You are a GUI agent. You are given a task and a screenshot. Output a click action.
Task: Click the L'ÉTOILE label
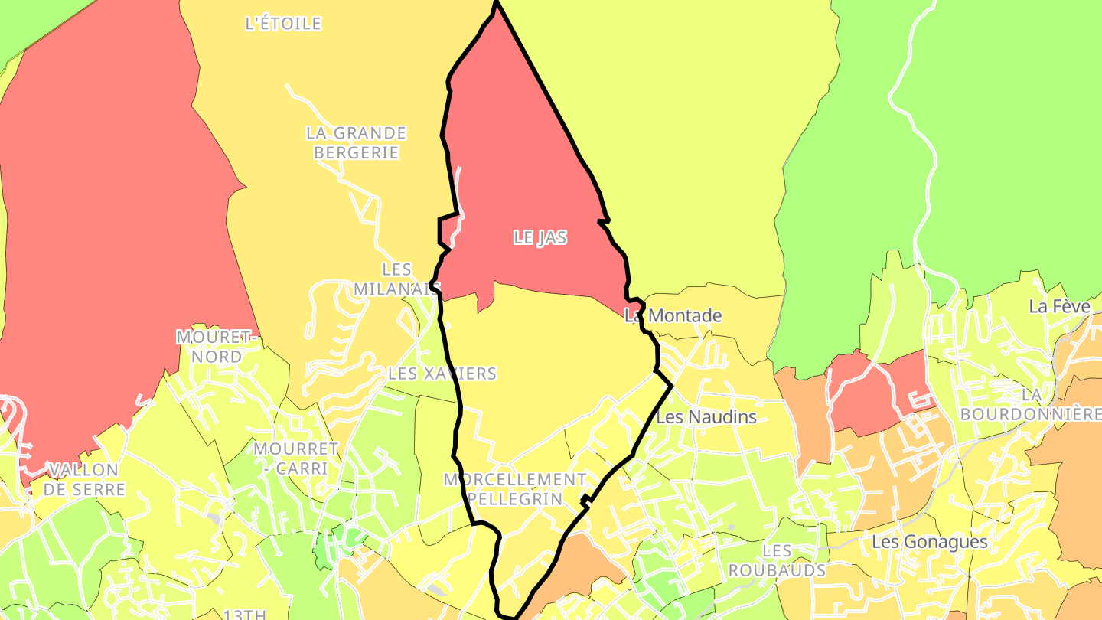[283, 24]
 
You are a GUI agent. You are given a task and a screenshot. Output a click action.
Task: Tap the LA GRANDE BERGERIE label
[356, 142]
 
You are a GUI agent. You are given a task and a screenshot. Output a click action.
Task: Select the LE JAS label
[540, 237]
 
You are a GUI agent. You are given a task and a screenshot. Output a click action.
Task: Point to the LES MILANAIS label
[396, 279]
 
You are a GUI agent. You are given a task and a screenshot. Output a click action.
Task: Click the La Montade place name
[673, 315]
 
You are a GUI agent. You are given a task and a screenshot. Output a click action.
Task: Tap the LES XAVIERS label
[442, 374]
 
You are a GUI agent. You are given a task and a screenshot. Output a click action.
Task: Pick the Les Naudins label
[706, 417]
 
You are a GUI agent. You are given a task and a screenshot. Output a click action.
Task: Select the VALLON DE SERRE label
[84, 479]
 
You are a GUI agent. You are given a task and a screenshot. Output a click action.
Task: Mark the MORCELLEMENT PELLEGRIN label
[515, 489]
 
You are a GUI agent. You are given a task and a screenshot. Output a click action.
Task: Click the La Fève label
[1059, 307]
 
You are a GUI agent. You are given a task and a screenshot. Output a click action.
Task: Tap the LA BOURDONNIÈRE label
[1030, 404]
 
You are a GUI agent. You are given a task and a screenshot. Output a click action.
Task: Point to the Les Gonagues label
[930, 542]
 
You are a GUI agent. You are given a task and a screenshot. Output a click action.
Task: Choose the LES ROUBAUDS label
[777, 560]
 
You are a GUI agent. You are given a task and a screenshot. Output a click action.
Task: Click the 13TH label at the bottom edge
[245, 614]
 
